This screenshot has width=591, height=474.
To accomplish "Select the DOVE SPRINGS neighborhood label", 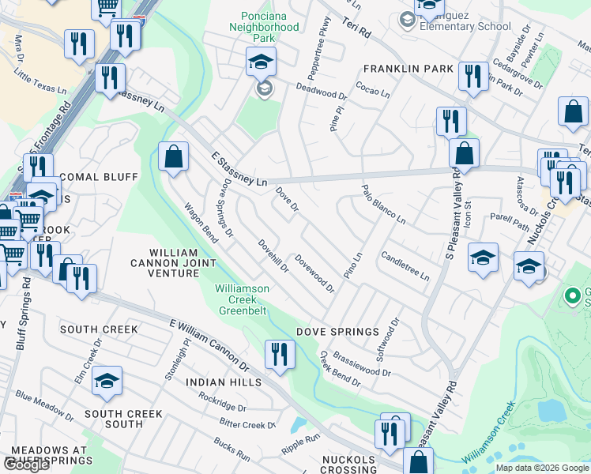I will tap(337, 332).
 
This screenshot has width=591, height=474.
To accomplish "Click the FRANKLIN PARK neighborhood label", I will tap(408, 69).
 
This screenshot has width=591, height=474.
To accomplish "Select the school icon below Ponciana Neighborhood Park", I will tap(261, 60).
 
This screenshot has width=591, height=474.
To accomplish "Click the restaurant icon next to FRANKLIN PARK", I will tap(472, 76).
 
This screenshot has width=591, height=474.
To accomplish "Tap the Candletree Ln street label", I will tap(405, 267).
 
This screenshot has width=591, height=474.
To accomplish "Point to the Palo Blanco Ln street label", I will tap(383, 204).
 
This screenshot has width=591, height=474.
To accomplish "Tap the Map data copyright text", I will tap(542, 468).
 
